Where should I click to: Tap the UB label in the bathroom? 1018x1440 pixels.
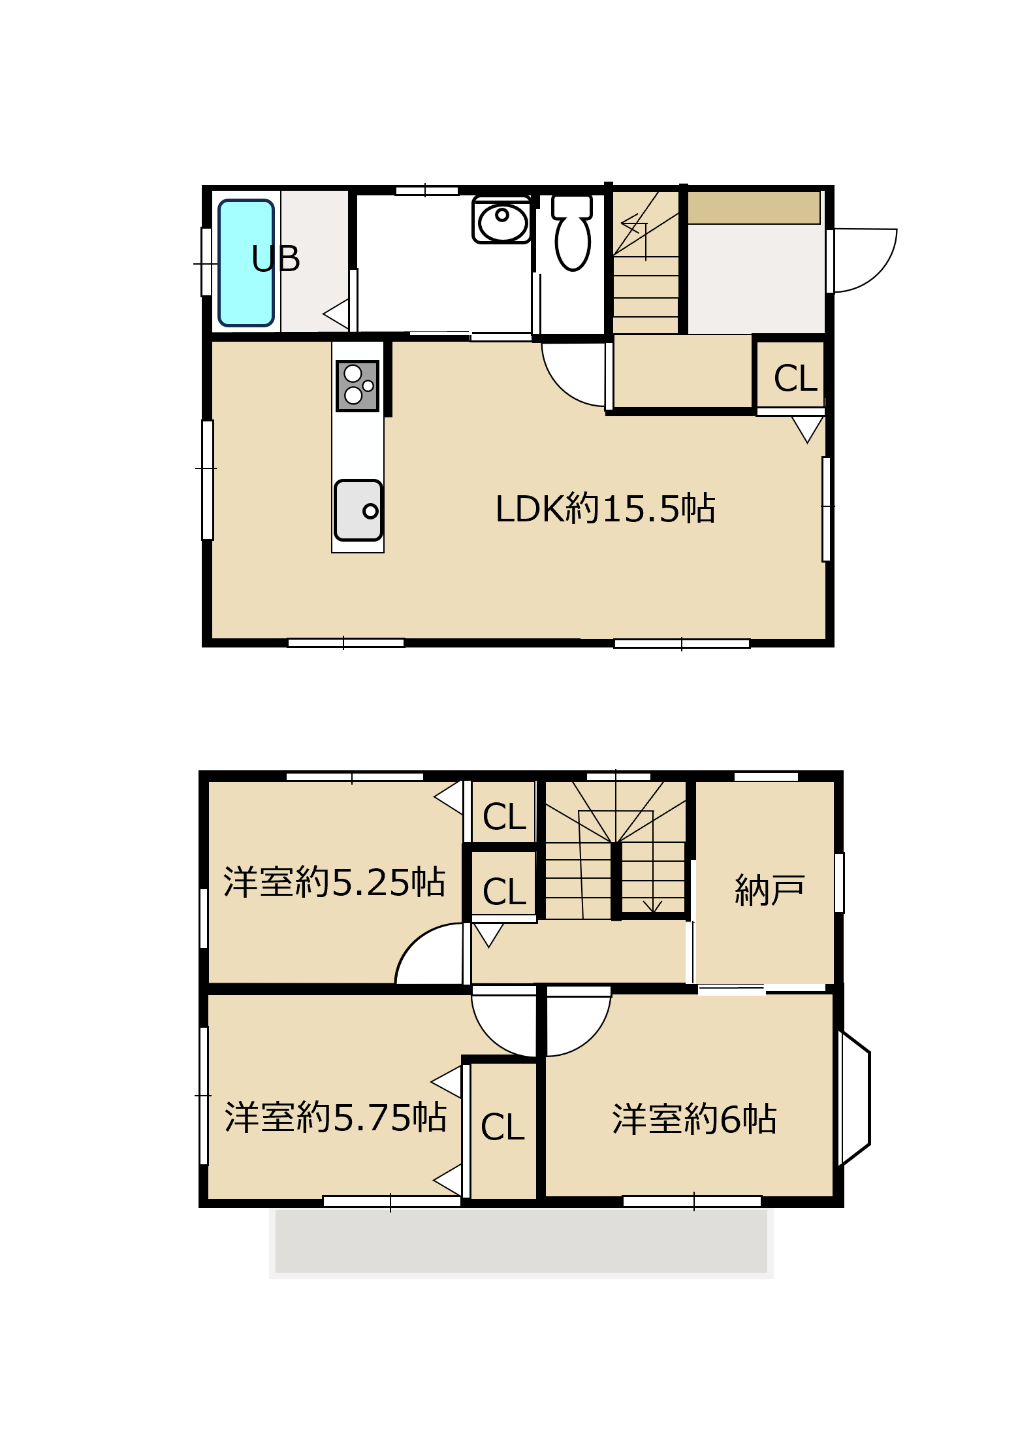coord(276,259)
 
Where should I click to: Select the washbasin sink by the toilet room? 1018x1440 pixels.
coord(501,220)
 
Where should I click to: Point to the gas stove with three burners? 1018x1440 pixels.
coord(357,385)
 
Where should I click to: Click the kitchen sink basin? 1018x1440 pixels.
coord(358,510)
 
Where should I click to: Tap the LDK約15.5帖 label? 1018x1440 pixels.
coord(605,509)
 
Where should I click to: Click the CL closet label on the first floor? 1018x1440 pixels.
coord(795,378)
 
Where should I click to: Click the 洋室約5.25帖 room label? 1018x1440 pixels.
coord(334,882)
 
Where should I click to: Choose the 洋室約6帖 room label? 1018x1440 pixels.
coord(694,1119)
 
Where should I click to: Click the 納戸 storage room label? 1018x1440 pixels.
coord(769,890)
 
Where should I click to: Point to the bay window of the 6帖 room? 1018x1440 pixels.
coord(855,1098)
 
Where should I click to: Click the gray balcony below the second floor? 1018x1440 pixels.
coord(521,1241)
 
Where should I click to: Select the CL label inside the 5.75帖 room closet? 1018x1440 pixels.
coord(502,1127)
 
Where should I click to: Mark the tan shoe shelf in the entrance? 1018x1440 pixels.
coord(754,208)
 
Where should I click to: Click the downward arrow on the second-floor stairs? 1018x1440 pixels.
coord(652,905)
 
